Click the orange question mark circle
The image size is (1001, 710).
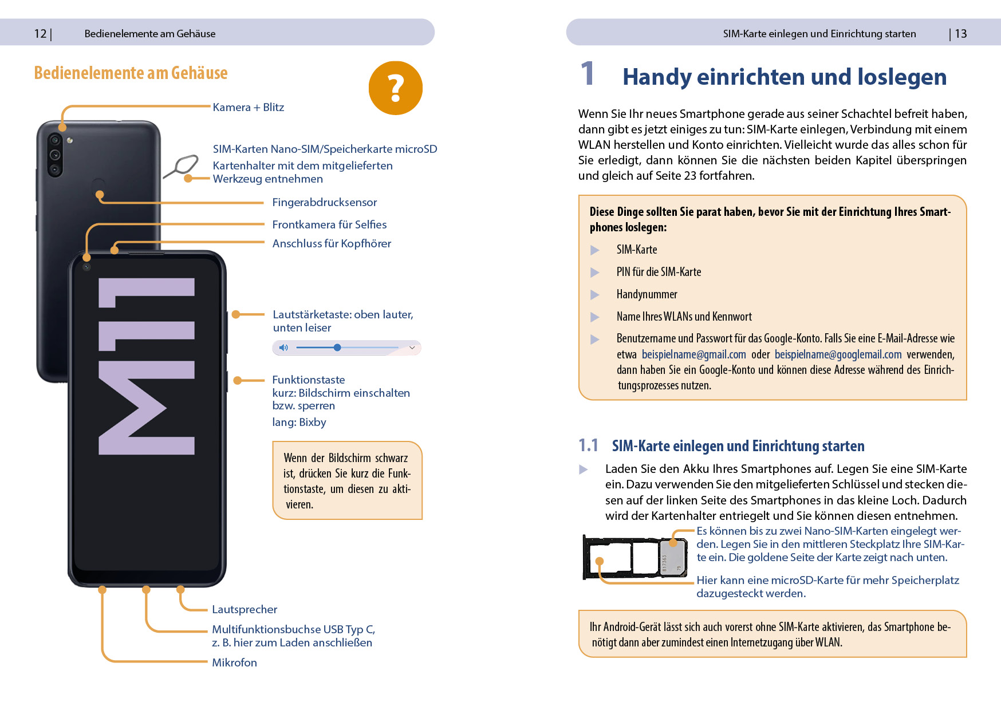point(395,88)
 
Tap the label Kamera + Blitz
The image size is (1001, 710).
point(248,107)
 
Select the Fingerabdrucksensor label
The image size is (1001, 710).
point(324,202)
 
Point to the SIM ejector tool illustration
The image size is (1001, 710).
point(182,165)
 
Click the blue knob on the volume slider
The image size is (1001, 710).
point(337,348)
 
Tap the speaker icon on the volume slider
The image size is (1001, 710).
point(283,348)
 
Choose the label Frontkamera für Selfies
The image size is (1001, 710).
point(329,224)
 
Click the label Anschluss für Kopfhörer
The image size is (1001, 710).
point(332,243)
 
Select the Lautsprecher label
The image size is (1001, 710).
point(245,609)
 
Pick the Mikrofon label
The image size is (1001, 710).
point(234,662)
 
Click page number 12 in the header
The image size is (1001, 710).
point(40,34)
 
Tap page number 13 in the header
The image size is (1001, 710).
point(960,34)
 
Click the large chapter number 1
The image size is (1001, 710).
point(587,74)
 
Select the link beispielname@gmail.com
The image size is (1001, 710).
point(693,354)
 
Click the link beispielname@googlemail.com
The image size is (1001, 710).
point(838,354)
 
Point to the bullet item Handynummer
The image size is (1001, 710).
point(647,294)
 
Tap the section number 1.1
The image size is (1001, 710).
point(588,445)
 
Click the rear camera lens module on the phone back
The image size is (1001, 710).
point(55,155)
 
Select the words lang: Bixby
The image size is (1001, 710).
point(299,423)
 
